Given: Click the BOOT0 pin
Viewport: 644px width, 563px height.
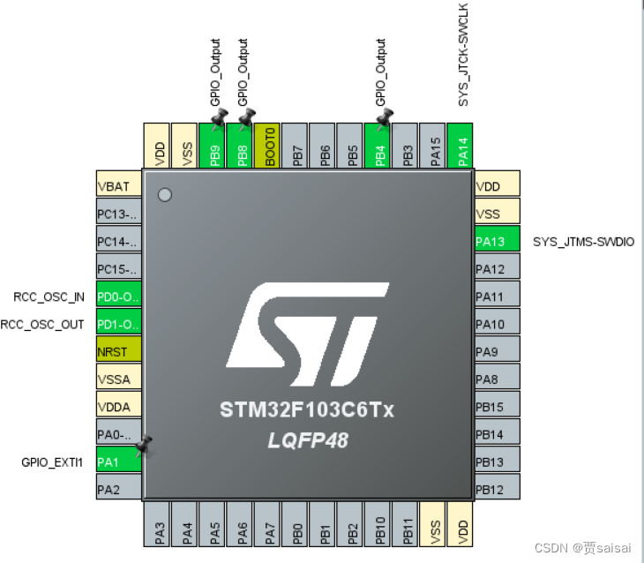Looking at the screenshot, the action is tap(267, 146).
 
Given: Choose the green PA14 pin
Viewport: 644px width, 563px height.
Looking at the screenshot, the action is tap(460, 146).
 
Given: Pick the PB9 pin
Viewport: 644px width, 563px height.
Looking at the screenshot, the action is tap(212, 146).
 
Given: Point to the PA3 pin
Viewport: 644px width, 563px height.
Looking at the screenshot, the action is tap(156, 524).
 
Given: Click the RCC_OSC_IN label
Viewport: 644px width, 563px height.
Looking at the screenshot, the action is tap(49, 297).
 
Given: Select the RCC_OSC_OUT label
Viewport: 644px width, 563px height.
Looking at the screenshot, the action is tap(42, 325).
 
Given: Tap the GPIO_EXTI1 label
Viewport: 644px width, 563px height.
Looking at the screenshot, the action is tap(52, 462).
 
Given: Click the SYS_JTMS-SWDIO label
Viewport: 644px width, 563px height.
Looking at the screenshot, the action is tap(584, 242).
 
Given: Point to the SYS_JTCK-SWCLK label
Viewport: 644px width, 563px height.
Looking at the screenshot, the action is tap(463, 55).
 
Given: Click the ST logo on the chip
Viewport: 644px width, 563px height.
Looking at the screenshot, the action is tap(308, 334).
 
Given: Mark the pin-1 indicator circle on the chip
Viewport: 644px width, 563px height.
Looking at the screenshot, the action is tap(165, 195).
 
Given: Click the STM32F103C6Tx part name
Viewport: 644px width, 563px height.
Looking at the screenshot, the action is tap(307, 409).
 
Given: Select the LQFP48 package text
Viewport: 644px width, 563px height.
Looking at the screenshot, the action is tap(308, 440).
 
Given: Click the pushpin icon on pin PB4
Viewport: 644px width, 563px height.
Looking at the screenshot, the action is tap(385, 119).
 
